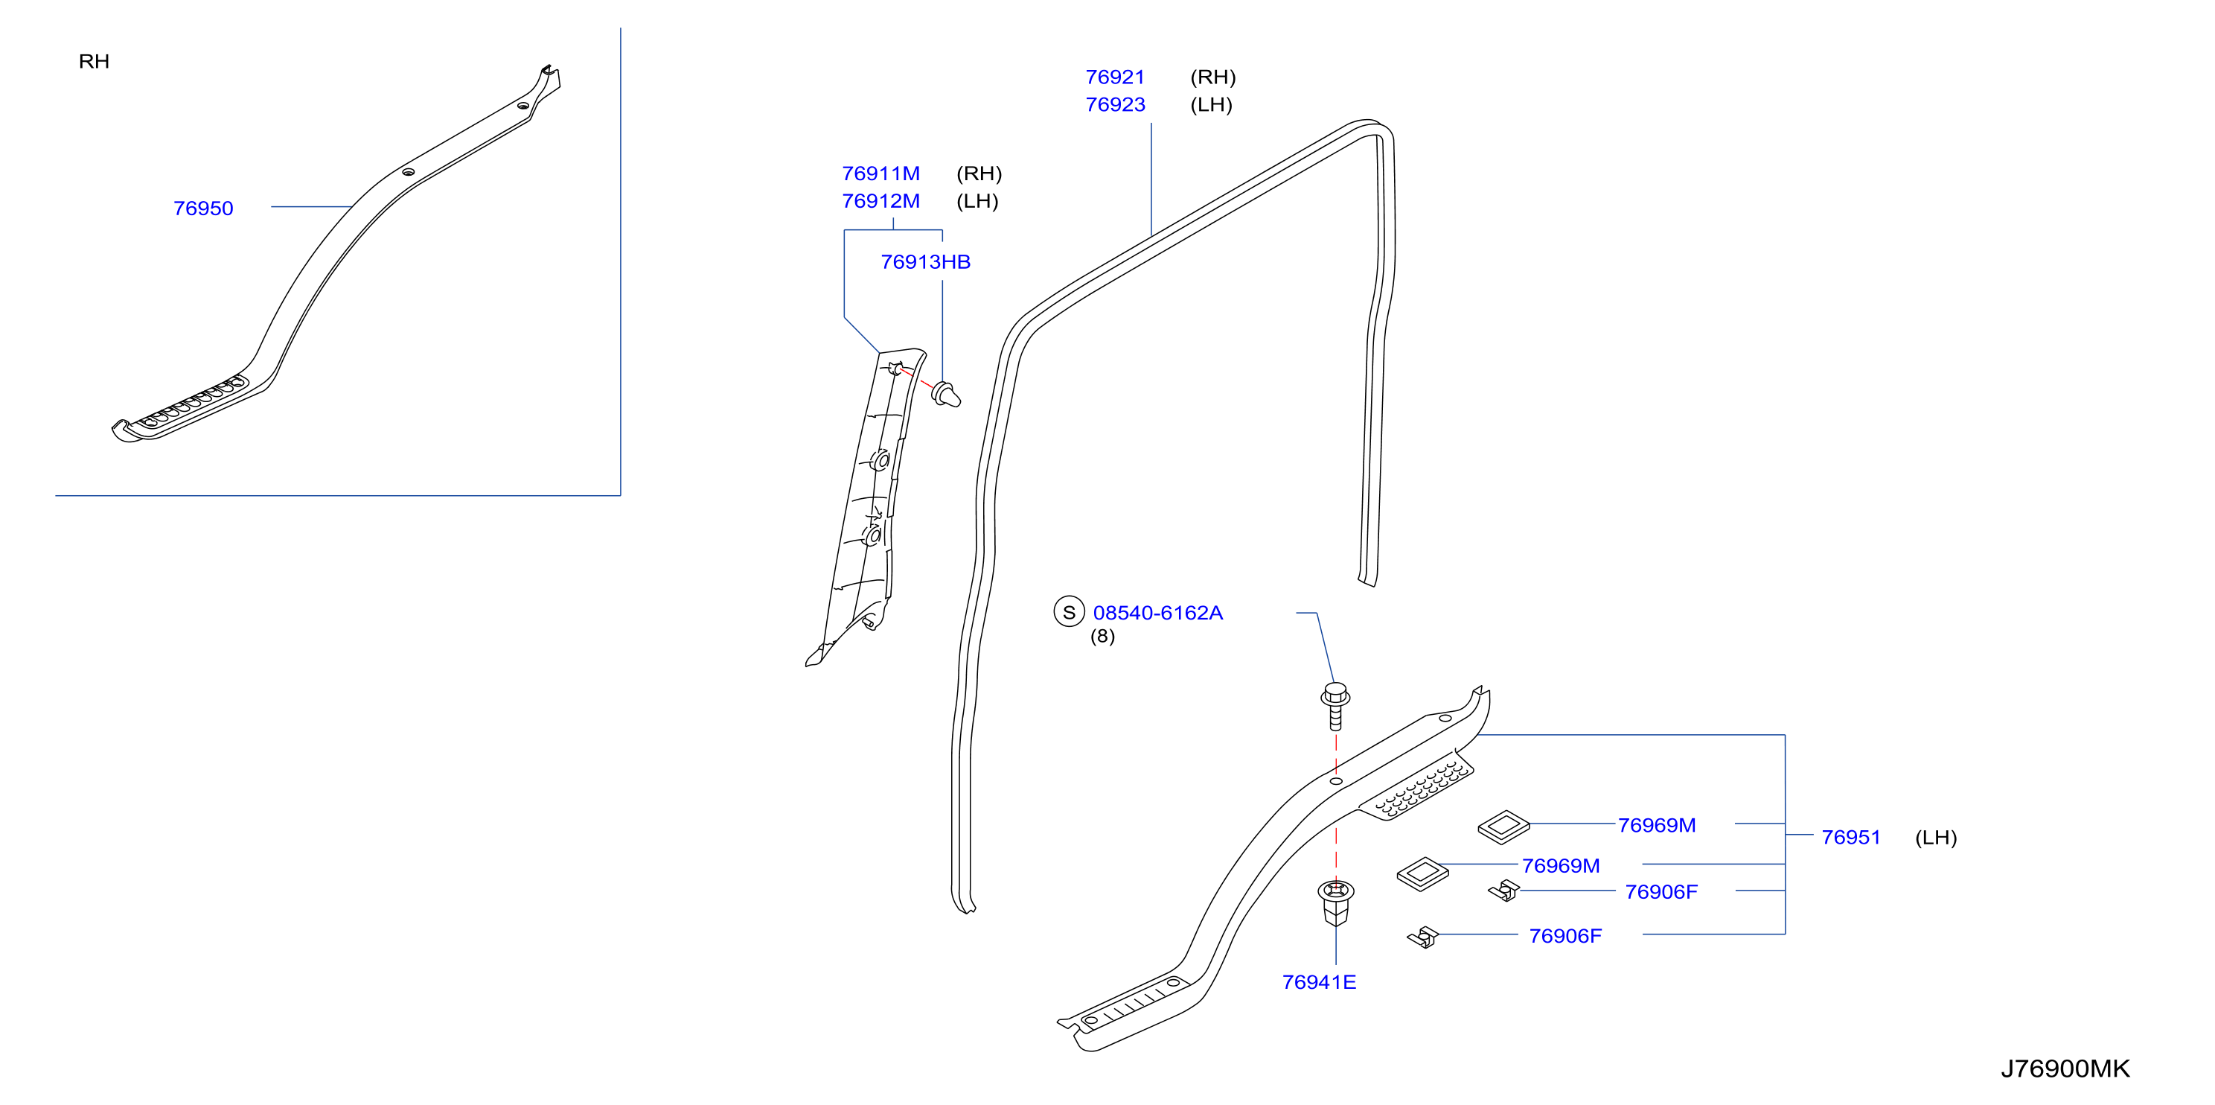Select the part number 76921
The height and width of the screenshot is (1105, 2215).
(x=1115, y=77)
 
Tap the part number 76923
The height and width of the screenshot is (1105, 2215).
(x=1115, y=104)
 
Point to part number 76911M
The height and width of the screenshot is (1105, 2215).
(x=880, y=173)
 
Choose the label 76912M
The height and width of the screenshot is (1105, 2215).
(x=880, y=200)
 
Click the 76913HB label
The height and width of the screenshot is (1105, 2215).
(x=925, y=261)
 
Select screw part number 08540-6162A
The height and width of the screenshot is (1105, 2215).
(x=1157, y=612)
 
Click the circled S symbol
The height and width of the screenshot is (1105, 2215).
(x=1069, y=611)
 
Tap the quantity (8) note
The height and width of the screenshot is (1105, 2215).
(x=1102, y=637)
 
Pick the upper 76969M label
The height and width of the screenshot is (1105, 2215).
(x=1657, y=825)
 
